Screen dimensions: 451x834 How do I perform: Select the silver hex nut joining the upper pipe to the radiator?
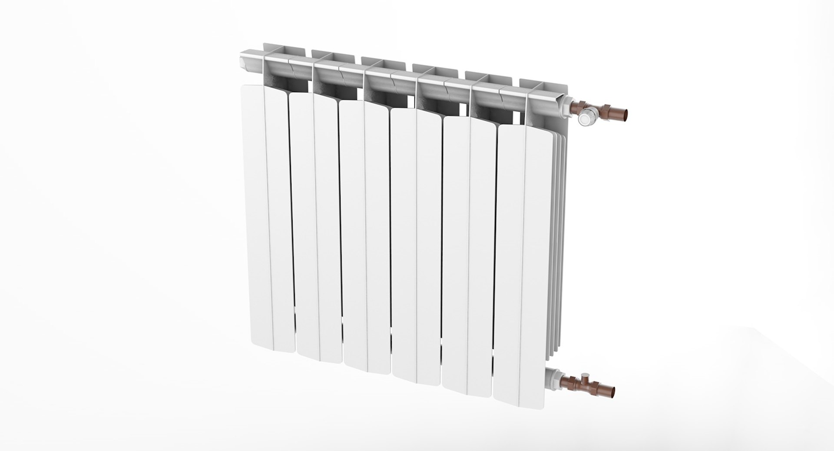click(x=566, y=105)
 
